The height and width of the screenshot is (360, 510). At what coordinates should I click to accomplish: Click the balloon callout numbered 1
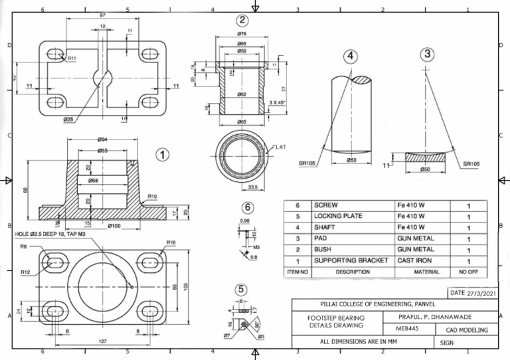point(162,155)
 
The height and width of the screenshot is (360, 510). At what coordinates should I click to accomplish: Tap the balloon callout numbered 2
point(242,21)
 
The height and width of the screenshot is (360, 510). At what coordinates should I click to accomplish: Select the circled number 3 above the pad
point(427,54)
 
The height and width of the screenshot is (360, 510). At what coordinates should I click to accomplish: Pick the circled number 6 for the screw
point(247,208)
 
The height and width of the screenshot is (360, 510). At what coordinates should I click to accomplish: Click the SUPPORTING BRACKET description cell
point(351,260)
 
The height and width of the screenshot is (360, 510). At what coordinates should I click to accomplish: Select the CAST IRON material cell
point(415,260)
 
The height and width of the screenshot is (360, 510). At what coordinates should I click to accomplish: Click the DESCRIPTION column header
point(353,272)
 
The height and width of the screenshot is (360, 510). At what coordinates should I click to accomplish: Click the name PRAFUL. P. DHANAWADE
point(439,317)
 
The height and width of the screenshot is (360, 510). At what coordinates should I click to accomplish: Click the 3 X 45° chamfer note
point(279,102)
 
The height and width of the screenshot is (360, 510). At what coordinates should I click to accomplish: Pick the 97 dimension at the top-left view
point(103,15)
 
